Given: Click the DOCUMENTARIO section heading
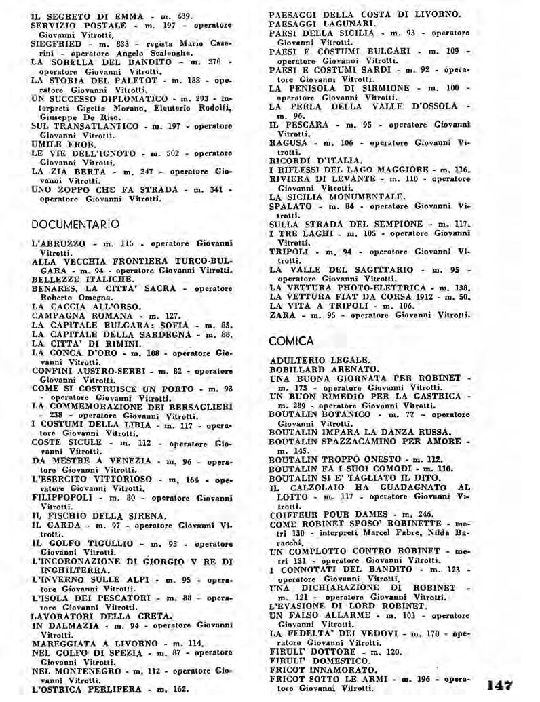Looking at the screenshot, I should pos(75,224).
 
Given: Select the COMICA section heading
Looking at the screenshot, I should pos(291,340).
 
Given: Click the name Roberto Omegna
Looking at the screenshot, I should pos(70,297).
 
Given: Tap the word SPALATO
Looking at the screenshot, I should pos(290,206).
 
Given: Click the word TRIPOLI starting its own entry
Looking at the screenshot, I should pos(289,251).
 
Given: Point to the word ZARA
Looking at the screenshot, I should pos(282,315).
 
